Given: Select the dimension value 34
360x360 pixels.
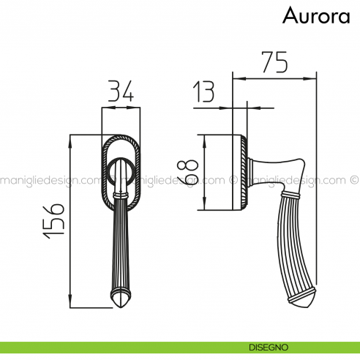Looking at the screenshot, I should coord(119,92).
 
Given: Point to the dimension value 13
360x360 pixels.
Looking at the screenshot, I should coord(205,93).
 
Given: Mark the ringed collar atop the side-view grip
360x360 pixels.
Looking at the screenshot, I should coord(291,194).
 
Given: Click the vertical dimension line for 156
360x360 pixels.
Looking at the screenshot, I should coord(70,220).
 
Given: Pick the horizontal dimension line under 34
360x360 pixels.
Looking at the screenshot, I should coord(119,106).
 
